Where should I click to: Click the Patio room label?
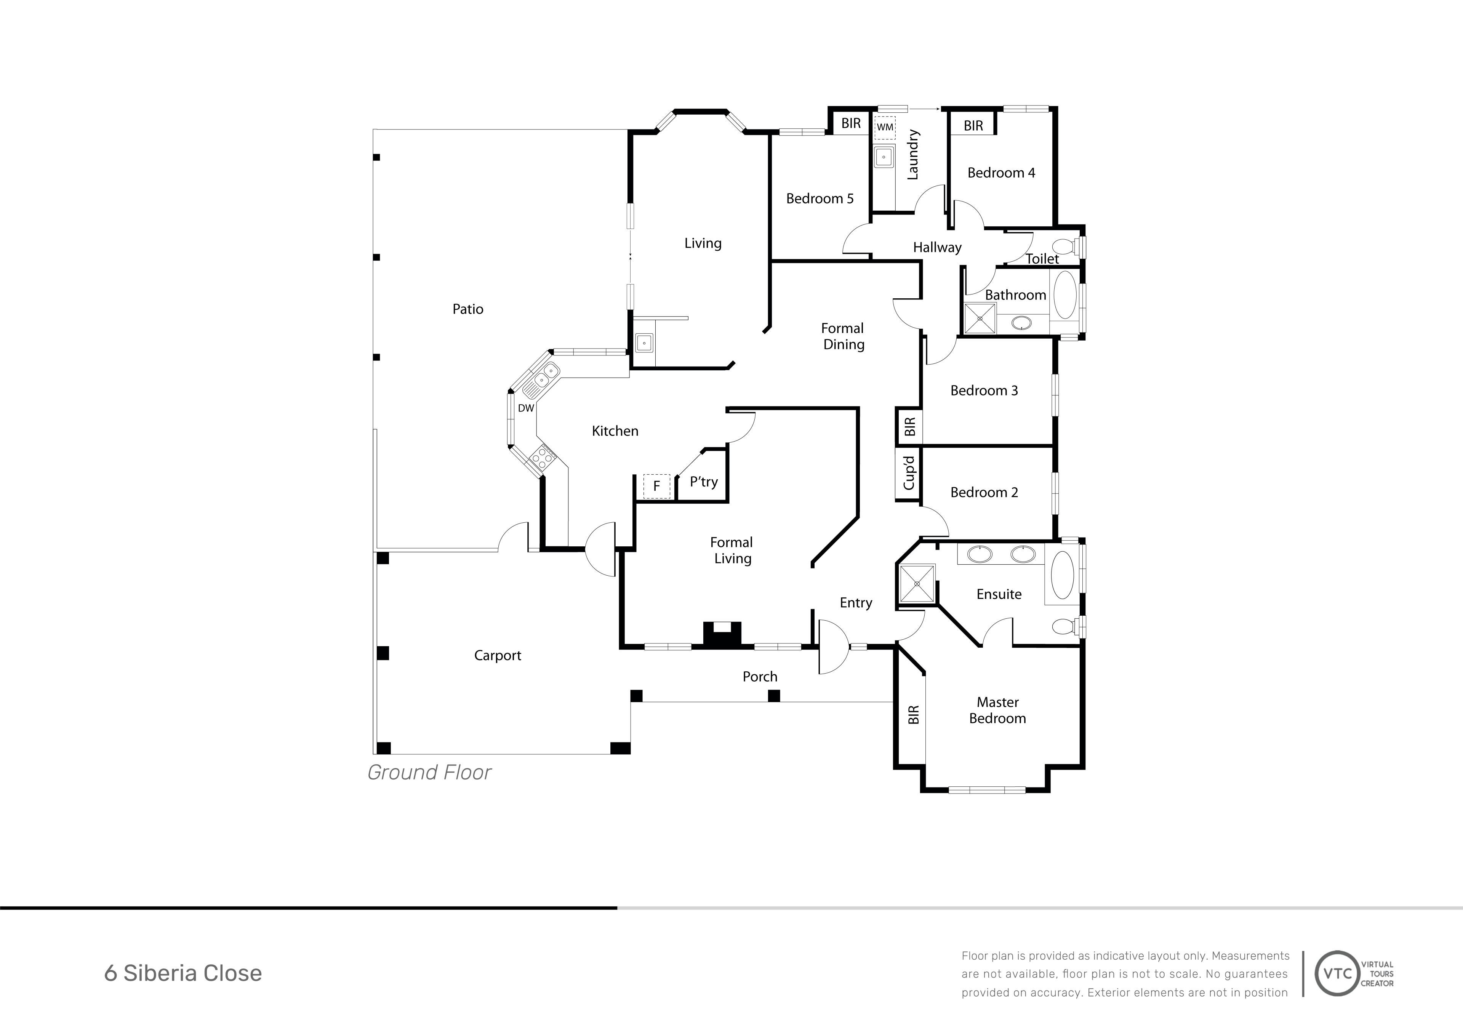tap(468, 309)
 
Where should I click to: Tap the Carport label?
tap(498, 656)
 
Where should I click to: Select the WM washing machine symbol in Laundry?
tap(885, 127)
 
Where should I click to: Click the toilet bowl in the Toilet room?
tap(1063, 246)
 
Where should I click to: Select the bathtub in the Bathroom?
tap(1065, 295)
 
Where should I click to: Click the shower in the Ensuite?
tap(917, 584)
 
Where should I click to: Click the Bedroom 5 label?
tap(820, 199)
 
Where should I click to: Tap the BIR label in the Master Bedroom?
tap(914, 714)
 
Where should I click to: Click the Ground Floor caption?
tap(429, 773)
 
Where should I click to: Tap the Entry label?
tap(856, 603)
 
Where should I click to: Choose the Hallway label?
tap(937, 247)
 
